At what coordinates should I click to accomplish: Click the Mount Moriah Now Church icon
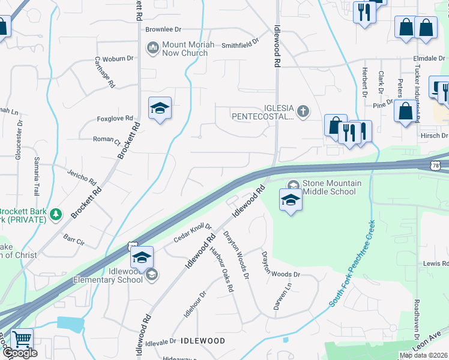152,47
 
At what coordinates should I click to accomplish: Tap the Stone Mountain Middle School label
331,187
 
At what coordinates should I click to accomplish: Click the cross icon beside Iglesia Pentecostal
304,110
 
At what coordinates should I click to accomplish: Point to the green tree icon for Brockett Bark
56,214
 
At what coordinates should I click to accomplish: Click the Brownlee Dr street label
163,29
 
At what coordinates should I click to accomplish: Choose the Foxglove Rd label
115,119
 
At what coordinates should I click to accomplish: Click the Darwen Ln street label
277,297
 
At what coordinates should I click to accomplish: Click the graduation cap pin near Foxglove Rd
160,109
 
